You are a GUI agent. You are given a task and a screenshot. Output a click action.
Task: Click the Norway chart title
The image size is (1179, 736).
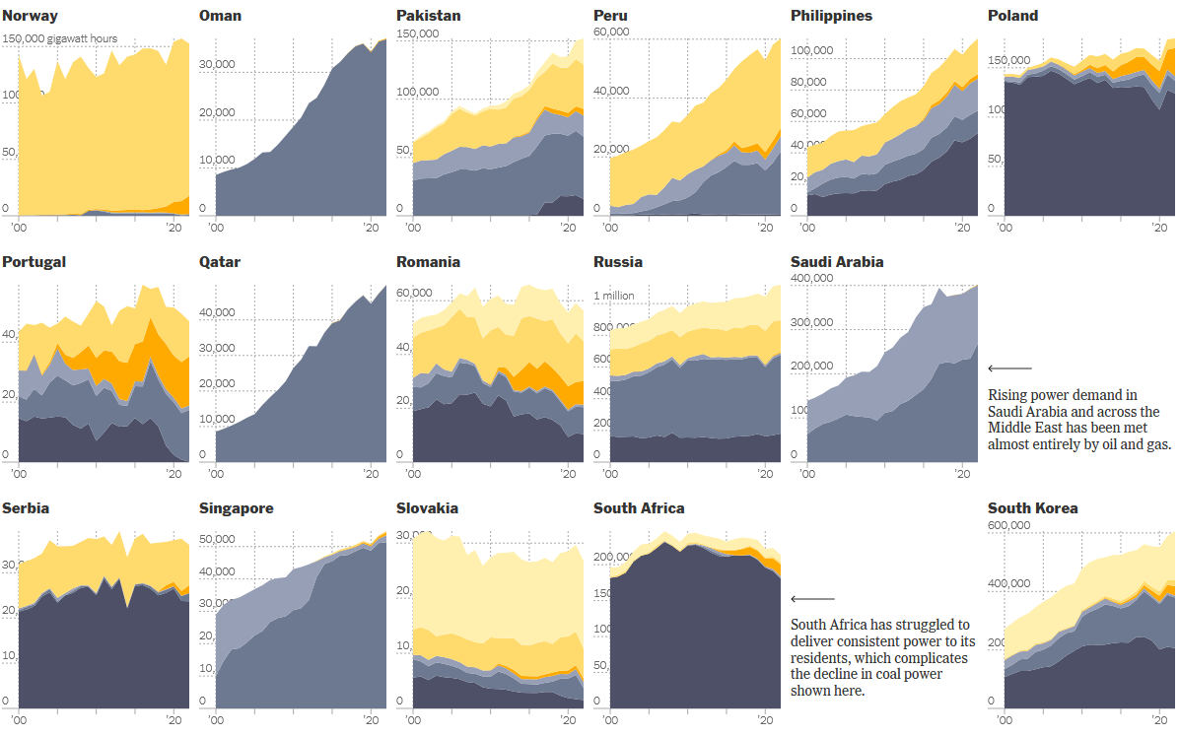pos(30,16)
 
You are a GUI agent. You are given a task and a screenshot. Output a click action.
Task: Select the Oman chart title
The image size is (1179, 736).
pos(220,16)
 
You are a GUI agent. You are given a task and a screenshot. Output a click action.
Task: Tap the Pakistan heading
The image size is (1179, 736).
pos(428,16)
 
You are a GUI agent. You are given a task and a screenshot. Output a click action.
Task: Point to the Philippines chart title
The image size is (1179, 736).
pos(831,16)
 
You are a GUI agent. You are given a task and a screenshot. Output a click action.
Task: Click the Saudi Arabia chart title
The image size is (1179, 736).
pos(837,262)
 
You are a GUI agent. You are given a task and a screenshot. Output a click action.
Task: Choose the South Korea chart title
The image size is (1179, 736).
pos(1033,508)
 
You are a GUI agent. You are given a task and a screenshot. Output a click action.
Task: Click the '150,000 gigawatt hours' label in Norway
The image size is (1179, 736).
pos(60,39)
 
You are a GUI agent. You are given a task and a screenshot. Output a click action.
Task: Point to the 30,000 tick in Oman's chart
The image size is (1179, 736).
pos(218,65)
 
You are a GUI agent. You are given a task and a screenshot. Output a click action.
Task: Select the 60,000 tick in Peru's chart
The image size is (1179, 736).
pos(611,33)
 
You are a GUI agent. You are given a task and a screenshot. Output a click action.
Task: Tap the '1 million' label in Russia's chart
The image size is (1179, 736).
pos(613,296)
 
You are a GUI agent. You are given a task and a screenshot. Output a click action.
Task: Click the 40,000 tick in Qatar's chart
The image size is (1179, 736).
pos(218,313)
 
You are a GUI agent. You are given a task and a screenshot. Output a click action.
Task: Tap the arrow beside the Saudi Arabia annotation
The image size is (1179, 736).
pos(1009,368)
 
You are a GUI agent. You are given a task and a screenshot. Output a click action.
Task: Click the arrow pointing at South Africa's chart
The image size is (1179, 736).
pos(812,599)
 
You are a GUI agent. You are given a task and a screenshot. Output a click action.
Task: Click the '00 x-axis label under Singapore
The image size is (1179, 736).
pos(217,720)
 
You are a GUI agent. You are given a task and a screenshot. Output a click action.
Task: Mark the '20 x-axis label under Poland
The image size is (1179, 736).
pos(1159,228)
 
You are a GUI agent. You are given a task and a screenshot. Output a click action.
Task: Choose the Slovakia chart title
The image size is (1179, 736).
pos(427,508)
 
